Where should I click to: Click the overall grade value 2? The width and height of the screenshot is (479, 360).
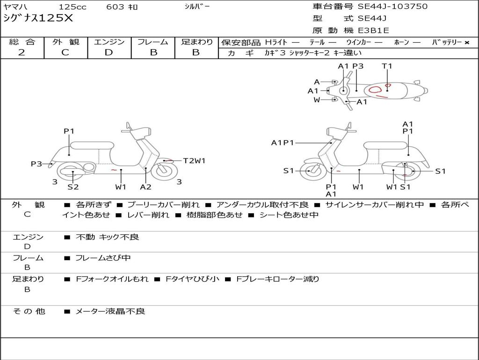click(22, 52)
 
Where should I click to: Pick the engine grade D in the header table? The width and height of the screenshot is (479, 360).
click(109, 52)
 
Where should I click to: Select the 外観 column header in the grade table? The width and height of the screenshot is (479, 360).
click(65, 42)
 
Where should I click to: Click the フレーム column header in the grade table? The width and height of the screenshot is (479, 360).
click(153, 42)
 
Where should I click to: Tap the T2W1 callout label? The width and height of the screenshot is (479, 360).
click(194, 161)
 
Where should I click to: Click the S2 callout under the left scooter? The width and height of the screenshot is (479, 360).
click(73, 187)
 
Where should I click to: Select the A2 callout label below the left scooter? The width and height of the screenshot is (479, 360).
click(146, 187)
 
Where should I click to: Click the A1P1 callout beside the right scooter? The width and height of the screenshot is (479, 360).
click(283, 142)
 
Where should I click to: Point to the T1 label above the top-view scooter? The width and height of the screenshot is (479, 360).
click(387, 66)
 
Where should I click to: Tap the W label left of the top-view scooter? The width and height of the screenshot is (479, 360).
click(317, 100)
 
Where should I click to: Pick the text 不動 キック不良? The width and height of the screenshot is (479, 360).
click(107, 237)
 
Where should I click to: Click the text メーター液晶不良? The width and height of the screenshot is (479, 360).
click(110, 311)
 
